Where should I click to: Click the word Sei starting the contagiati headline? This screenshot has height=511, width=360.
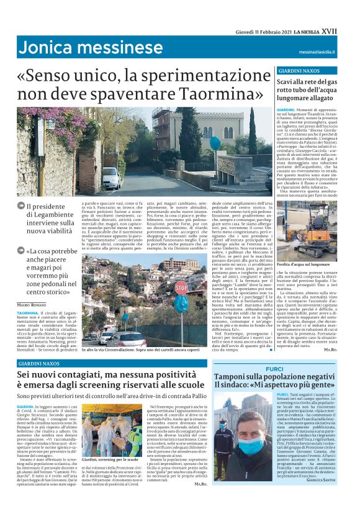click(x=25, y=375)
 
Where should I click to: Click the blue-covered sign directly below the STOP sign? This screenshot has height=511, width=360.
click(x=180, y=304)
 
